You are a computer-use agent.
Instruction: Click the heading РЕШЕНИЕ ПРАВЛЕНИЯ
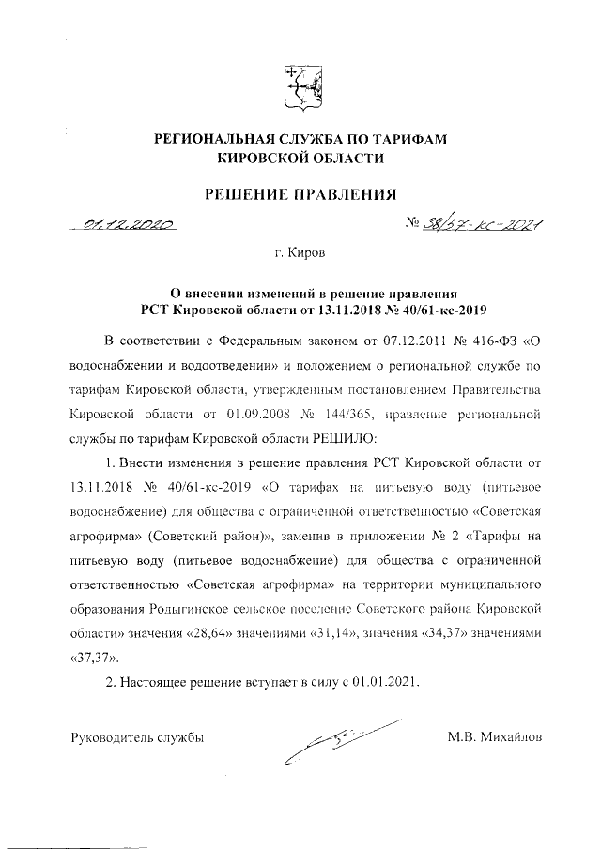pyautogui.click(x=300, y=194)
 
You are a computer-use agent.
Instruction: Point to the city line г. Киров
pyautogui.click(x=300, y=254)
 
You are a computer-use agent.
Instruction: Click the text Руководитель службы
pyautogui.click(x=137, y=736)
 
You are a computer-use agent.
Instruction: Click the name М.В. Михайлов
pyautogui.click(x=495, y=736)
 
